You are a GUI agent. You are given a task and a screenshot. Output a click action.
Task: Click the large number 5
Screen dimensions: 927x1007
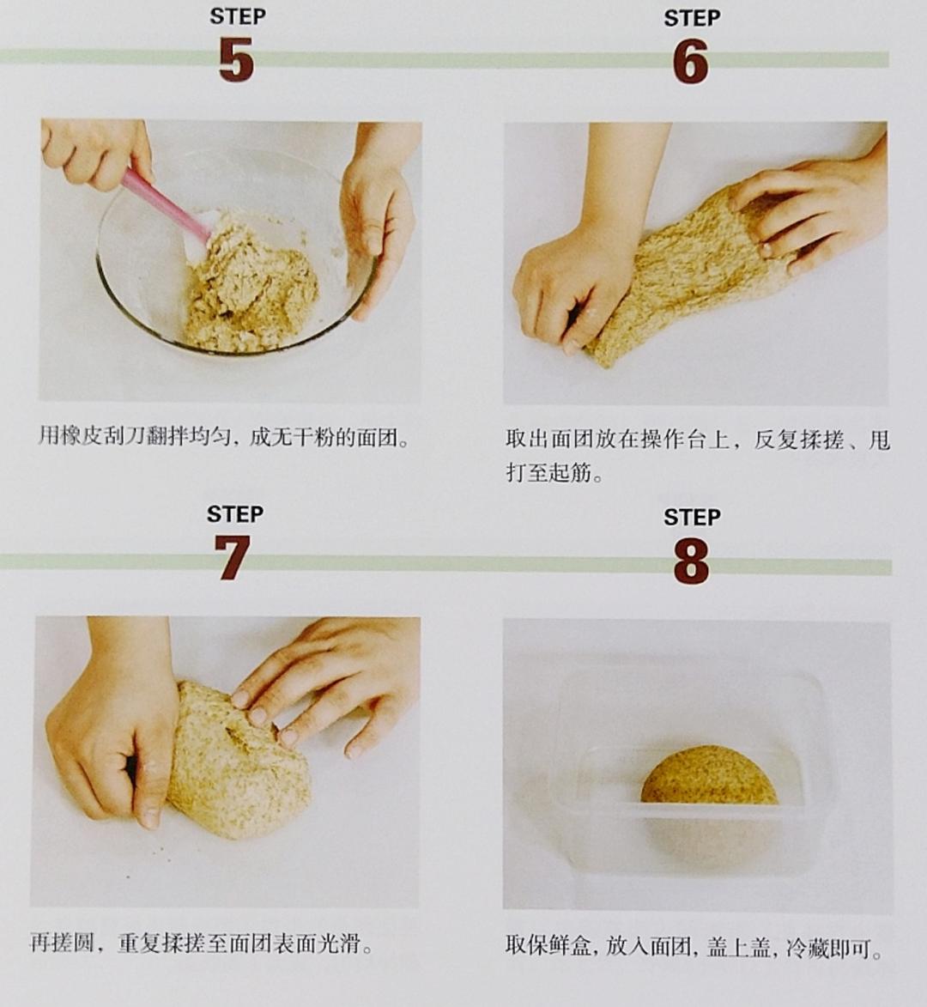(235, 59)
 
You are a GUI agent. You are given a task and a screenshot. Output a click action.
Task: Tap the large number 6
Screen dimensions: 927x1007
(691, 61)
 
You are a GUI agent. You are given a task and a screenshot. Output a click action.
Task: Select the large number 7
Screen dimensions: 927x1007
(232, 557)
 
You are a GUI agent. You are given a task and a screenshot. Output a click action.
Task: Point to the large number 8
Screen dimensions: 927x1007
(692, 561)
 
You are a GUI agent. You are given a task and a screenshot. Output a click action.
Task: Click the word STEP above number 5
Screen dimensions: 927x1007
(238, 16)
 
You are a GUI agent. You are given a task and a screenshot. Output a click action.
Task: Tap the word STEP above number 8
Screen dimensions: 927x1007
(692, 517)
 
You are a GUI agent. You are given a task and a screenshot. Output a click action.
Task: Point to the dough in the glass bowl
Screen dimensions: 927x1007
(251, 282)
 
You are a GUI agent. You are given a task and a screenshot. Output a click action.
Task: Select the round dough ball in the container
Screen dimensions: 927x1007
(709, 776)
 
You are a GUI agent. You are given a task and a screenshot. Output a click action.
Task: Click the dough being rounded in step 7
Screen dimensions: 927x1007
(239, 761)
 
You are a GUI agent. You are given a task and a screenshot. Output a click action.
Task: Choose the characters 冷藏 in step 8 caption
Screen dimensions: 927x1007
(806, 947)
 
